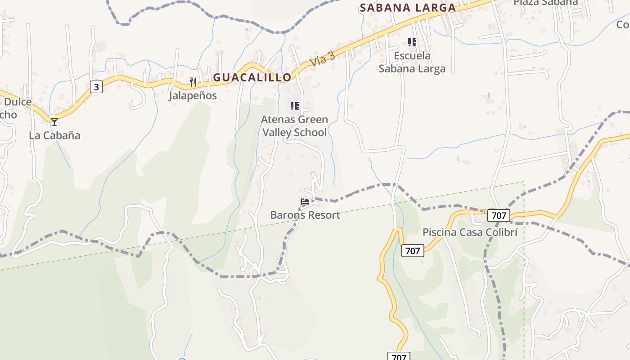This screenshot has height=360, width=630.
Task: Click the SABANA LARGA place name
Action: pyautogui.click(x=408, y=8)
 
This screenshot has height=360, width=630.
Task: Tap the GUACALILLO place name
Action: pyautogui.click(x=252, y=77)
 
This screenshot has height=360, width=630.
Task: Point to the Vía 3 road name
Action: pyautogui.click(x=323, y=59)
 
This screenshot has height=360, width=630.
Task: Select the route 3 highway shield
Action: pyautogui.click(x=96, y=86)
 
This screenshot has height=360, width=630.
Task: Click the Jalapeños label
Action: pyautogui.click(x=193, y=95)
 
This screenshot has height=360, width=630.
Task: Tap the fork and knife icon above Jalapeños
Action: pyautogui.click(x=193, y=82)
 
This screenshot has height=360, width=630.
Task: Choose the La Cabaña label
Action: pyautogui.click(x=54, y=135)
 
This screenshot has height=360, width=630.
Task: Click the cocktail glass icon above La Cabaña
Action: pyautogui.click(x=54, y=122)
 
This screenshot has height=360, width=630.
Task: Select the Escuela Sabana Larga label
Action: pyautogui.click(x=412, y=62)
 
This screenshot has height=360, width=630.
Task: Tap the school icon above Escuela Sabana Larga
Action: pyautogui.click(x=412, y=42)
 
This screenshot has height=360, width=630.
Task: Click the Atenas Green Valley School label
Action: pyautogui.click(x=294, y=126)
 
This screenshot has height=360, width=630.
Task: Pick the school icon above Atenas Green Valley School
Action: pyautogui.click(x=294, y=106)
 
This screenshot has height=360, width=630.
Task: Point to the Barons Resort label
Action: pyautogui.click(x=305, y=215)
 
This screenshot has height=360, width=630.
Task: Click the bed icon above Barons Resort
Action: pyautogui.click(x=305, y=202)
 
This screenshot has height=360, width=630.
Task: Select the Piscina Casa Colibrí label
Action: pyautogui.click(x=470, y=232)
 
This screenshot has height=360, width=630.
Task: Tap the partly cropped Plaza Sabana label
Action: pyautogui.click(x=545, y=3)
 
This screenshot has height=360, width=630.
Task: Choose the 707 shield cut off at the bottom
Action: pyautogui.click(x=399, y=356)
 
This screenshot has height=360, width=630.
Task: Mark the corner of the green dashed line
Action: pyautogui.click(x=524, y=182)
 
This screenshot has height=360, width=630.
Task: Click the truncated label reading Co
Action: pyautogui.click(x=622, y=24)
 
